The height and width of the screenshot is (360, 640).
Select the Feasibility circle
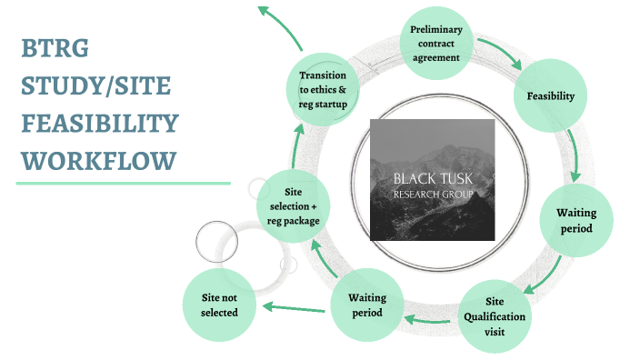click(x=550, y=95)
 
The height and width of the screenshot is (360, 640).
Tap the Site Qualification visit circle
click(x=494, y=317)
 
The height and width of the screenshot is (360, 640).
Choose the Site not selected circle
click(x=219, y=305)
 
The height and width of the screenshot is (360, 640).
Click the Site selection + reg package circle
click(x=294, y=208)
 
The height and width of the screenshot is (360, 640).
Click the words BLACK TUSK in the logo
click(x=432, y=178)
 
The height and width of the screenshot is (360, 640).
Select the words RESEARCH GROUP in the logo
click(x=432, y=195)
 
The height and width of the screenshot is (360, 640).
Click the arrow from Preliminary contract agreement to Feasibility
click(x=505, y=55)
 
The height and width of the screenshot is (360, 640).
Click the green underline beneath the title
click(x=123, y=183)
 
